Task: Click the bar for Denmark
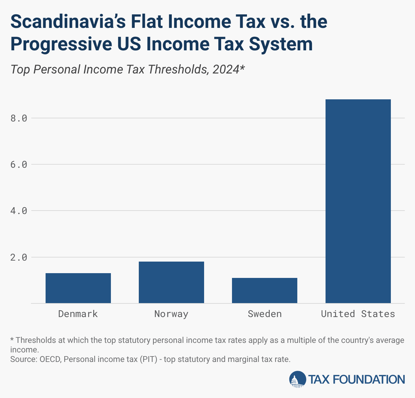coord(78,288)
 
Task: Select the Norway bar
coord(171,282)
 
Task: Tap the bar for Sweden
coord(265,290)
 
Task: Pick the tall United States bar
coord(358,201)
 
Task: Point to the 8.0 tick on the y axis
coord(19,118)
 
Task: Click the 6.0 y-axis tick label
coord(19,165)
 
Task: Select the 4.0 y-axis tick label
coord(19,211)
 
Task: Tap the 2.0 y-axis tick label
coord(19,257)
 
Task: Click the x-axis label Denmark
coord(78,314)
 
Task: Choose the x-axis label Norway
coord(171,314)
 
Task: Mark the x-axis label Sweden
coord(265,314)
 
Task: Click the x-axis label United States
coord(358,314)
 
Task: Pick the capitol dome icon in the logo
coord(297,379)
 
